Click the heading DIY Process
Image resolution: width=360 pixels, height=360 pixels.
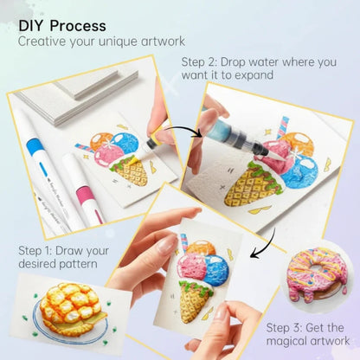[62, 26]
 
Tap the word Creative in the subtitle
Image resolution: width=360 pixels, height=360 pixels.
[44, 42]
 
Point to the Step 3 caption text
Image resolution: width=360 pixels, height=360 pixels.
[305, 334]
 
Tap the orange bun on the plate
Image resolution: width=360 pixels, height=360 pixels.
[67, 310]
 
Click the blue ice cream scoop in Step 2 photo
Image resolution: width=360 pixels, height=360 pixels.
[299, 169]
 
